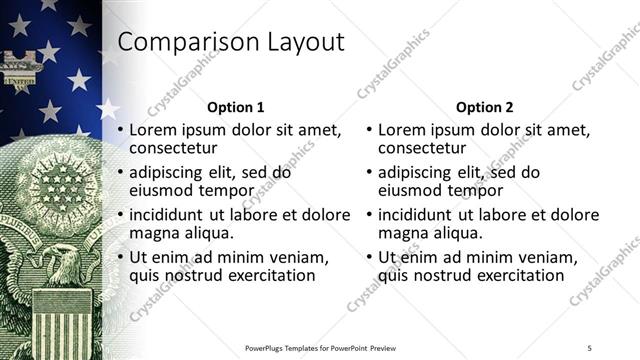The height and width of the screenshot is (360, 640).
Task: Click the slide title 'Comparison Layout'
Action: pos(231,42)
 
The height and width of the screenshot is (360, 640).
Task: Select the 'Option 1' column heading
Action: pos(235,107)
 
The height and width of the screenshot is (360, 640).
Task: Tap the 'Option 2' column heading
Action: pos(485,107)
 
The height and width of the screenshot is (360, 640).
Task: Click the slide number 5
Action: pos(589,347)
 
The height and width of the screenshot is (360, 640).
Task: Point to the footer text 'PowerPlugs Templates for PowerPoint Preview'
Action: pos(320,347)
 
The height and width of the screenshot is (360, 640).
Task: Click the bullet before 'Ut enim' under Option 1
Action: pos(121,257)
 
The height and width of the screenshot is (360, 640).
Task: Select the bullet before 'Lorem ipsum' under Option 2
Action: pos(370,131)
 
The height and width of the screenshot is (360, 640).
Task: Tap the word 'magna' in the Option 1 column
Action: pos(153,233)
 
